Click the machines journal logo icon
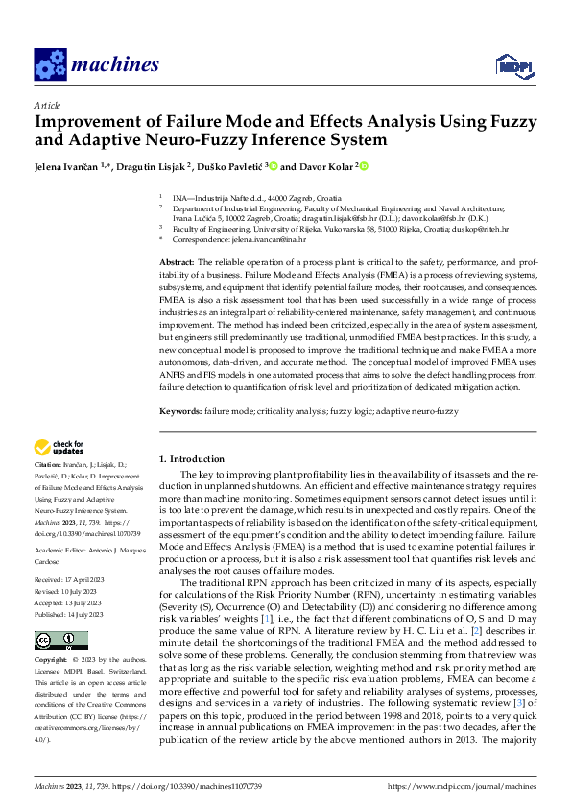49,64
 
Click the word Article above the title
46,105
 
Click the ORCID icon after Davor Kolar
365,166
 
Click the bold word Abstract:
176,262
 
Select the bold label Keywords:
179,410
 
